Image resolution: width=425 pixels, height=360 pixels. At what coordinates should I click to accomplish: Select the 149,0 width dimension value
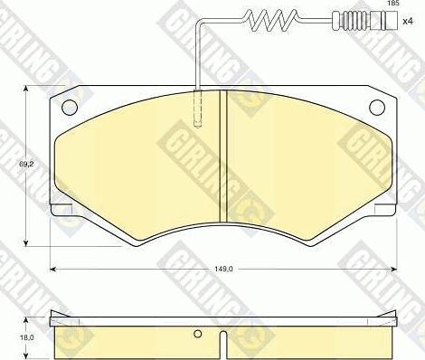[x=223, y=269]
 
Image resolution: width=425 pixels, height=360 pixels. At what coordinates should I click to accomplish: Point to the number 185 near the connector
[x=392, y=5]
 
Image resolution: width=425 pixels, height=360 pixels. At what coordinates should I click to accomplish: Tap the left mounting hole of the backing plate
[x=70, y=108]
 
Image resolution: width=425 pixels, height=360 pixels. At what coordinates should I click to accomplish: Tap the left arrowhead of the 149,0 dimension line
[x=53, y=269]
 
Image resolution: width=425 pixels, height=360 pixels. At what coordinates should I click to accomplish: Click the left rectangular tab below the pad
[x=61, y=211]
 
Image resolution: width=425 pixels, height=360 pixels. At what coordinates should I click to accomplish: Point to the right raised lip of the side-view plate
[x=391, y=315]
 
